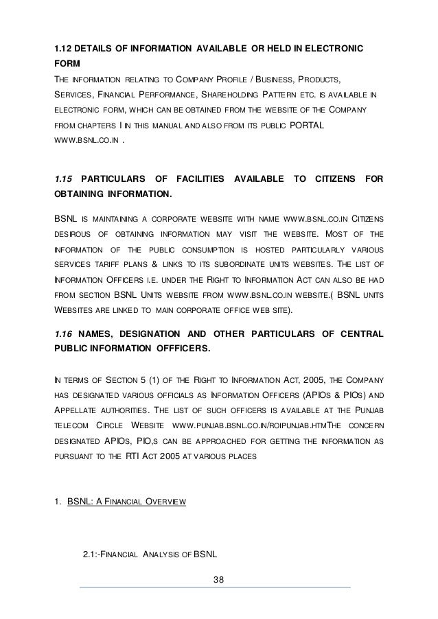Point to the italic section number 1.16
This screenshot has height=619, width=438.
64,333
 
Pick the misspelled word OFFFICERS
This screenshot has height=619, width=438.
174,348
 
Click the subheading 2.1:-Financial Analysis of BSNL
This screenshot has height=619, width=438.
150,554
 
